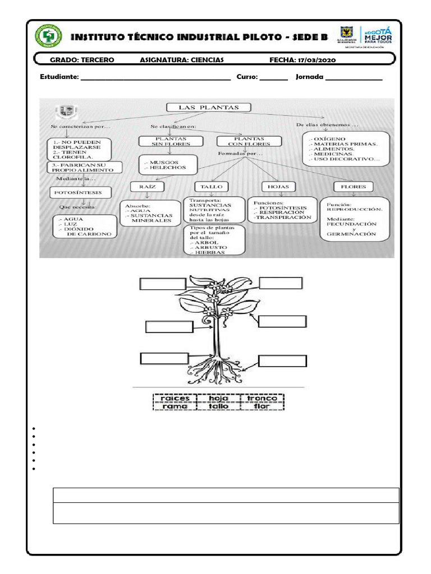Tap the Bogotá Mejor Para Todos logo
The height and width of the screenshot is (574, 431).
(x=378, y=35)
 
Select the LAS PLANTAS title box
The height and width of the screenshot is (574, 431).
(x=208, y=108)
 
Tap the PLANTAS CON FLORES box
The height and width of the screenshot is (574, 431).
(x=249, y=141)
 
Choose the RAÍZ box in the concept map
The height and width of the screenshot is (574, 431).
(x=147, y=186)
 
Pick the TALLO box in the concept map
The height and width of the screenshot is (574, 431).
(x=212, y=187)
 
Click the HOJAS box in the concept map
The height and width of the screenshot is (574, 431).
(x=278, y=187)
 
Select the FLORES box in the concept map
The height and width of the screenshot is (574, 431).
(x=354, y=187)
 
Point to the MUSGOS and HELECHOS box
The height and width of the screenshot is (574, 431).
(x=168, y=165)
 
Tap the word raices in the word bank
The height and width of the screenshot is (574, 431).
(x=175, y=399)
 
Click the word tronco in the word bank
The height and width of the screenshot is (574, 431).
(x=262, y=399)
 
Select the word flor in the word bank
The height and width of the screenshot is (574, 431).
(x=262, y=406)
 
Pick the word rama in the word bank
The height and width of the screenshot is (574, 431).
(x=175, y=406)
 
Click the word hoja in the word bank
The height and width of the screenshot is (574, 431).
(x=218, y=399)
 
